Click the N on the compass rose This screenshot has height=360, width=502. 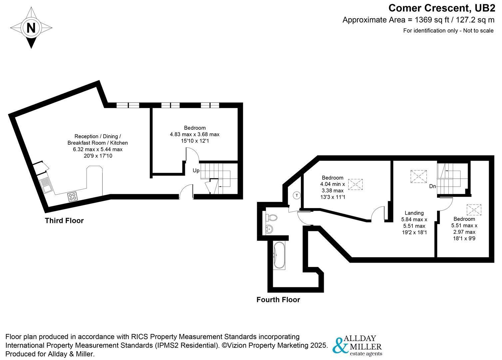tap(31, 28)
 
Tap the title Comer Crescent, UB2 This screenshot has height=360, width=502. tap(441, 8)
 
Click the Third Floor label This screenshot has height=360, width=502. tap(64, 220)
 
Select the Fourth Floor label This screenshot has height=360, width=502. tap(278, 300)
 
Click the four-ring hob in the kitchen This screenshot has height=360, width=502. tap(72, 197)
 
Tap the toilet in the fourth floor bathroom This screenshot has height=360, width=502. tap(271, 217)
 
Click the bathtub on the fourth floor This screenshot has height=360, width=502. tap(279, 256)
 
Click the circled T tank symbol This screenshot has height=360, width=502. tap(297, 195)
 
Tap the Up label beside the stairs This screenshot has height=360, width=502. tap(196, 171)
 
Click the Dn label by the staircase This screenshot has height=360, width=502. tap(432, 186)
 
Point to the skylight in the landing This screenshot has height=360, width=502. tap(419, 177)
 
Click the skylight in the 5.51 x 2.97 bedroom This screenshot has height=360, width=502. tap(474, 210)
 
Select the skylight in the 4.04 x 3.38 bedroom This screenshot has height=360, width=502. tap(355, 184)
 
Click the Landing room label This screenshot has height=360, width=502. tap(414, 213)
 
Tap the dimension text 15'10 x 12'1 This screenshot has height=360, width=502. tap(195, 141)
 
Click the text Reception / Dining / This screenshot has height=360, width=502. tap(98, 136)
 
